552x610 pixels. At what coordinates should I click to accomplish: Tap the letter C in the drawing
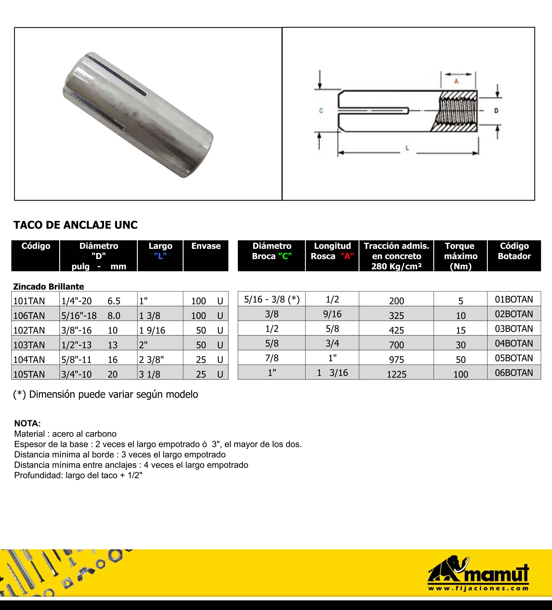click(321, 111)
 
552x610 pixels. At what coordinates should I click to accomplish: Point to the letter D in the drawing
click(496, 111)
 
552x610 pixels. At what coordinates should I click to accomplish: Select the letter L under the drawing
click(407, 148)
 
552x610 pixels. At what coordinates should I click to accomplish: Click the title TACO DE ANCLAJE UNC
click(75, 225)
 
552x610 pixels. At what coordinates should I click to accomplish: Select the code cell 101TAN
click(29, 301)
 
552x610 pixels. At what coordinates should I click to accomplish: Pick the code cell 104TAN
click(29, 360)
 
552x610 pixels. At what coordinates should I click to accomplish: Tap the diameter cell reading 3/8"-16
click(76, 330)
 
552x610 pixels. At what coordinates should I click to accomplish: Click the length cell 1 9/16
click(152, 330)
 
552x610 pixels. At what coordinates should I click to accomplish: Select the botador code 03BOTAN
click(514, 329)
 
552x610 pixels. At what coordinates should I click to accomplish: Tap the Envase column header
click(206, 246)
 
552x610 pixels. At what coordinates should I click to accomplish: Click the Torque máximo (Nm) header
click(461, 256)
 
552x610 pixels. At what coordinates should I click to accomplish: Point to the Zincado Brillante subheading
click(49, 287)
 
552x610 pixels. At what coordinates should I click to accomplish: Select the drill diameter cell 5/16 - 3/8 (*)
click(272, 299)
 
